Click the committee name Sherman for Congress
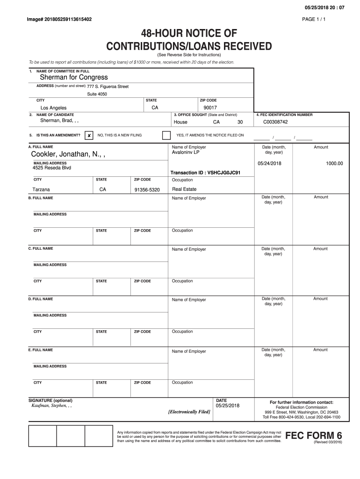pyautogui.click(x=73, y=77)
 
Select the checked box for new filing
pyautogui.click(x=88, y=135)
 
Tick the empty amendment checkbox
pyautogui.click(x=166, y=135)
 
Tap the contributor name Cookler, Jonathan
pyautogui.click(x=68, y=155)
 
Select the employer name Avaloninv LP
pyautogui.click(x=186, y=152)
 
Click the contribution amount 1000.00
pyautogui.click(x=334, y=163)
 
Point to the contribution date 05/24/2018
pyautogui.click(x=269, y=163)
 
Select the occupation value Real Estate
pyautogui.click(x=184, y=189)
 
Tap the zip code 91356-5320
pyautogui.click(x=147, y=190)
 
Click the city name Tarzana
pyautogui.click(x=41, y=190)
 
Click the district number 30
pyautogui.click(x=240, y=122)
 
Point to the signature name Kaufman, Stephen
pyautogui.click(x=51, y=406)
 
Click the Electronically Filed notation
pyautogui.click(x=189, y=412)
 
